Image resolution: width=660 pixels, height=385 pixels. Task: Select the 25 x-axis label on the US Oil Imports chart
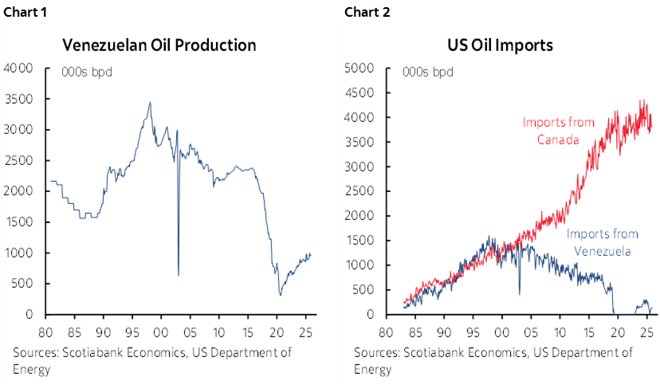(652, 328)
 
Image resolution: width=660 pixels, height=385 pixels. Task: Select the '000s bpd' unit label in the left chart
(87, 73)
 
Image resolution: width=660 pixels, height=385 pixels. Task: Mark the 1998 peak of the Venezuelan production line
(150, 102)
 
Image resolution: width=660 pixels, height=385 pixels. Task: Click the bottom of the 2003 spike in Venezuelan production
(178, 275)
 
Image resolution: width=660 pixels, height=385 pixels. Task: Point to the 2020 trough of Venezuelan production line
(281, 295)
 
